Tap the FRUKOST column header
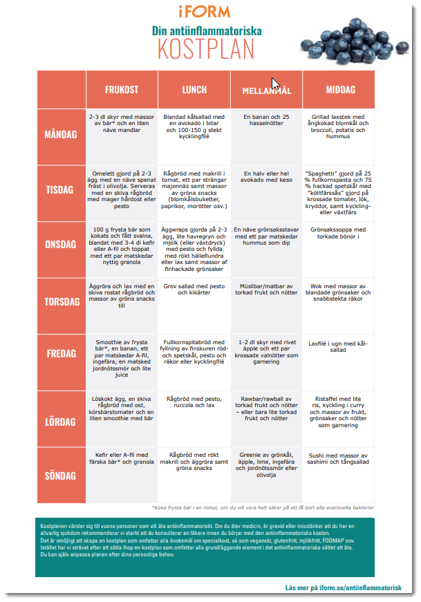tap(122, 90)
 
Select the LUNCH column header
tap(194, 90)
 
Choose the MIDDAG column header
tap(339, 90)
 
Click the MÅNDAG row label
tap(61, 134)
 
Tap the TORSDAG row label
tap(61, 302)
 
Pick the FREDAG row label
tap(61, 353)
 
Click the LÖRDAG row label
tap(61, 421)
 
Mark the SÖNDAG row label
tap(61, 476)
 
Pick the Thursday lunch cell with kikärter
tap(194, 288)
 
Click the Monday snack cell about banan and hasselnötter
tap(267, 122)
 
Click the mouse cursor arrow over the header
tap(274, 84)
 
